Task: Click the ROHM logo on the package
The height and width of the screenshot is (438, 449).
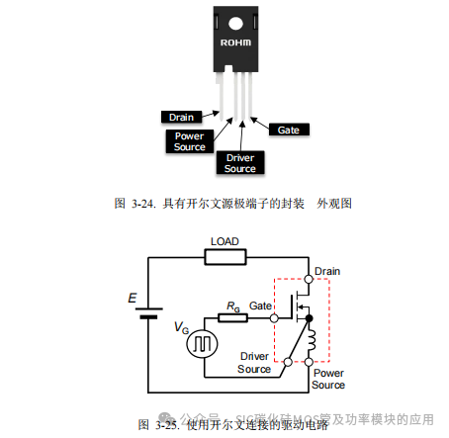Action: tap(236, 44)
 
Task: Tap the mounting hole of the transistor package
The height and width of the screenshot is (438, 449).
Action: tap(236, 21)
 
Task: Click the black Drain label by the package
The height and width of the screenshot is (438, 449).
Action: tap(179, 116)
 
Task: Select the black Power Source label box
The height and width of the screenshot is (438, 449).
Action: tap(190, 140)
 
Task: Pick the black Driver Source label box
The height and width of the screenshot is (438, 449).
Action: tap(239, 162)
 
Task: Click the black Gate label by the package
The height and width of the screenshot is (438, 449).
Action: tap(288, 129)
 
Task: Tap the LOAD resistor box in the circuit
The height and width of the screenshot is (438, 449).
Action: tap(224, 257)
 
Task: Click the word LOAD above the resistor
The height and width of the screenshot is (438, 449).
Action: tap(225, 241)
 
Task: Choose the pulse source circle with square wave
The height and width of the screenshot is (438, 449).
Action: tap(203, 342)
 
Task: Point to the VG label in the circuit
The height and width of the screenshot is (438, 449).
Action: tap(180, 327)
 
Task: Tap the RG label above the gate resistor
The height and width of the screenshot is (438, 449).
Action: tap(232, 306)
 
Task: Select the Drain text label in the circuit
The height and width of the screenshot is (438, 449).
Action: tap(325, 271)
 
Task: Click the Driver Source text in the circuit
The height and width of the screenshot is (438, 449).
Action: tap(254, 362)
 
